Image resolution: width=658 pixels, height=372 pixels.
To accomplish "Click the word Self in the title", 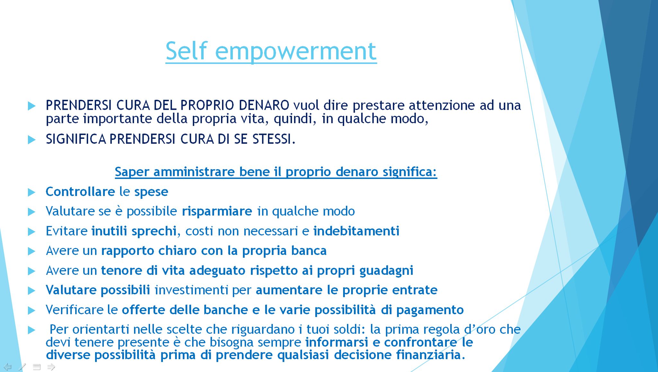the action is coord(186,51).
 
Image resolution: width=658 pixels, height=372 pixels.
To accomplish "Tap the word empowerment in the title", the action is coord(296,51).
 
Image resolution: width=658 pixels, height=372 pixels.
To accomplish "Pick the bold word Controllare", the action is coord(80,191).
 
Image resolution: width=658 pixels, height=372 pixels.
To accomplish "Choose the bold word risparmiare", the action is coord(217,211).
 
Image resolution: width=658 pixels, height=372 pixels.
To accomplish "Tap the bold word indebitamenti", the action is coord(356,231).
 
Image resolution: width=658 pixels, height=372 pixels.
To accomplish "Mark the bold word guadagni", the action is coord(386,271).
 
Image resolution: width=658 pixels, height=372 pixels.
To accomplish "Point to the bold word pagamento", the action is coord(430,310).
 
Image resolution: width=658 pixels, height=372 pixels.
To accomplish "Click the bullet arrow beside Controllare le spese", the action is coord(31,192).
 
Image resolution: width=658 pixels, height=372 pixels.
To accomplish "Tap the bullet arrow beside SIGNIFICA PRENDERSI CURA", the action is coord(31,140).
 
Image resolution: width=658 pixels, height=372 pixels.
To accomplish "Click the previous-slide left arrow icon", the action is coord(7,367).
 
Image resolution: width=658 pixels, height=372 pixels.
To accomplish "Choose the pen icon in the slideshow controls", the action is coord(22,367).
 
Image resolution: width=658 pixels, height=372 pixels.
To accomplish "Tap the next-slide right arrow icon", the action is coord(51,367).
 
